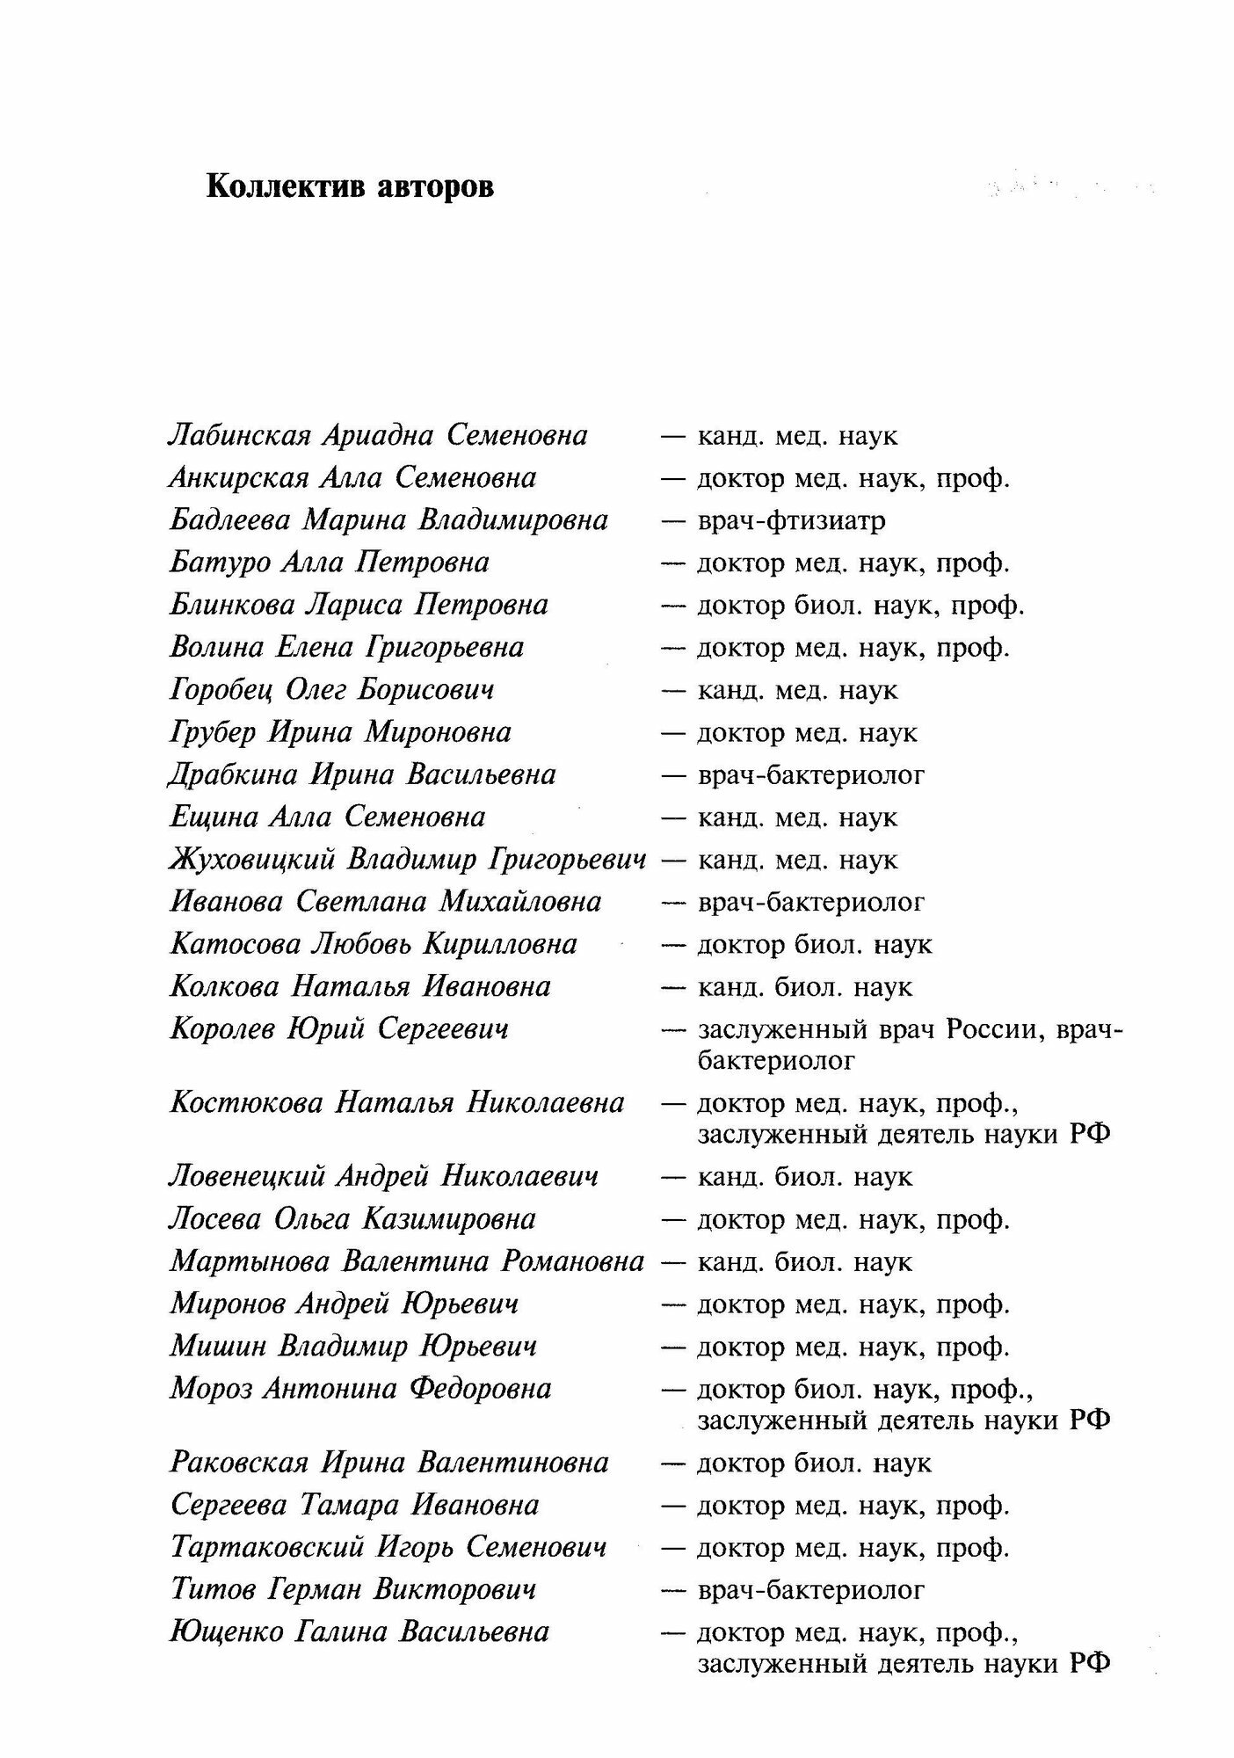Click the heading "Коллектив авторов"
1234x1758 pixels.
[x=349, y=188]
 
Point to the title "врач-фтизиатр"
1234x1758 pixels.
[x=791, y=520]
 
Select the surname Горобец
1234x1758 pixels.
[x=221, y=690]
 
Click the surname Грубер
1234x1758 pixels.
[x=212, y=732]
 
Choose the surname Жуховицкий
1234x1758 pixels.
[x=251, y=859]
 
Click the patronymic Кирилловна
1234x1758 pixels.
[x=500, y=944]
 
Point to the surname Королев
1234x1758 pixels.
[x=222, y=1028]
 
